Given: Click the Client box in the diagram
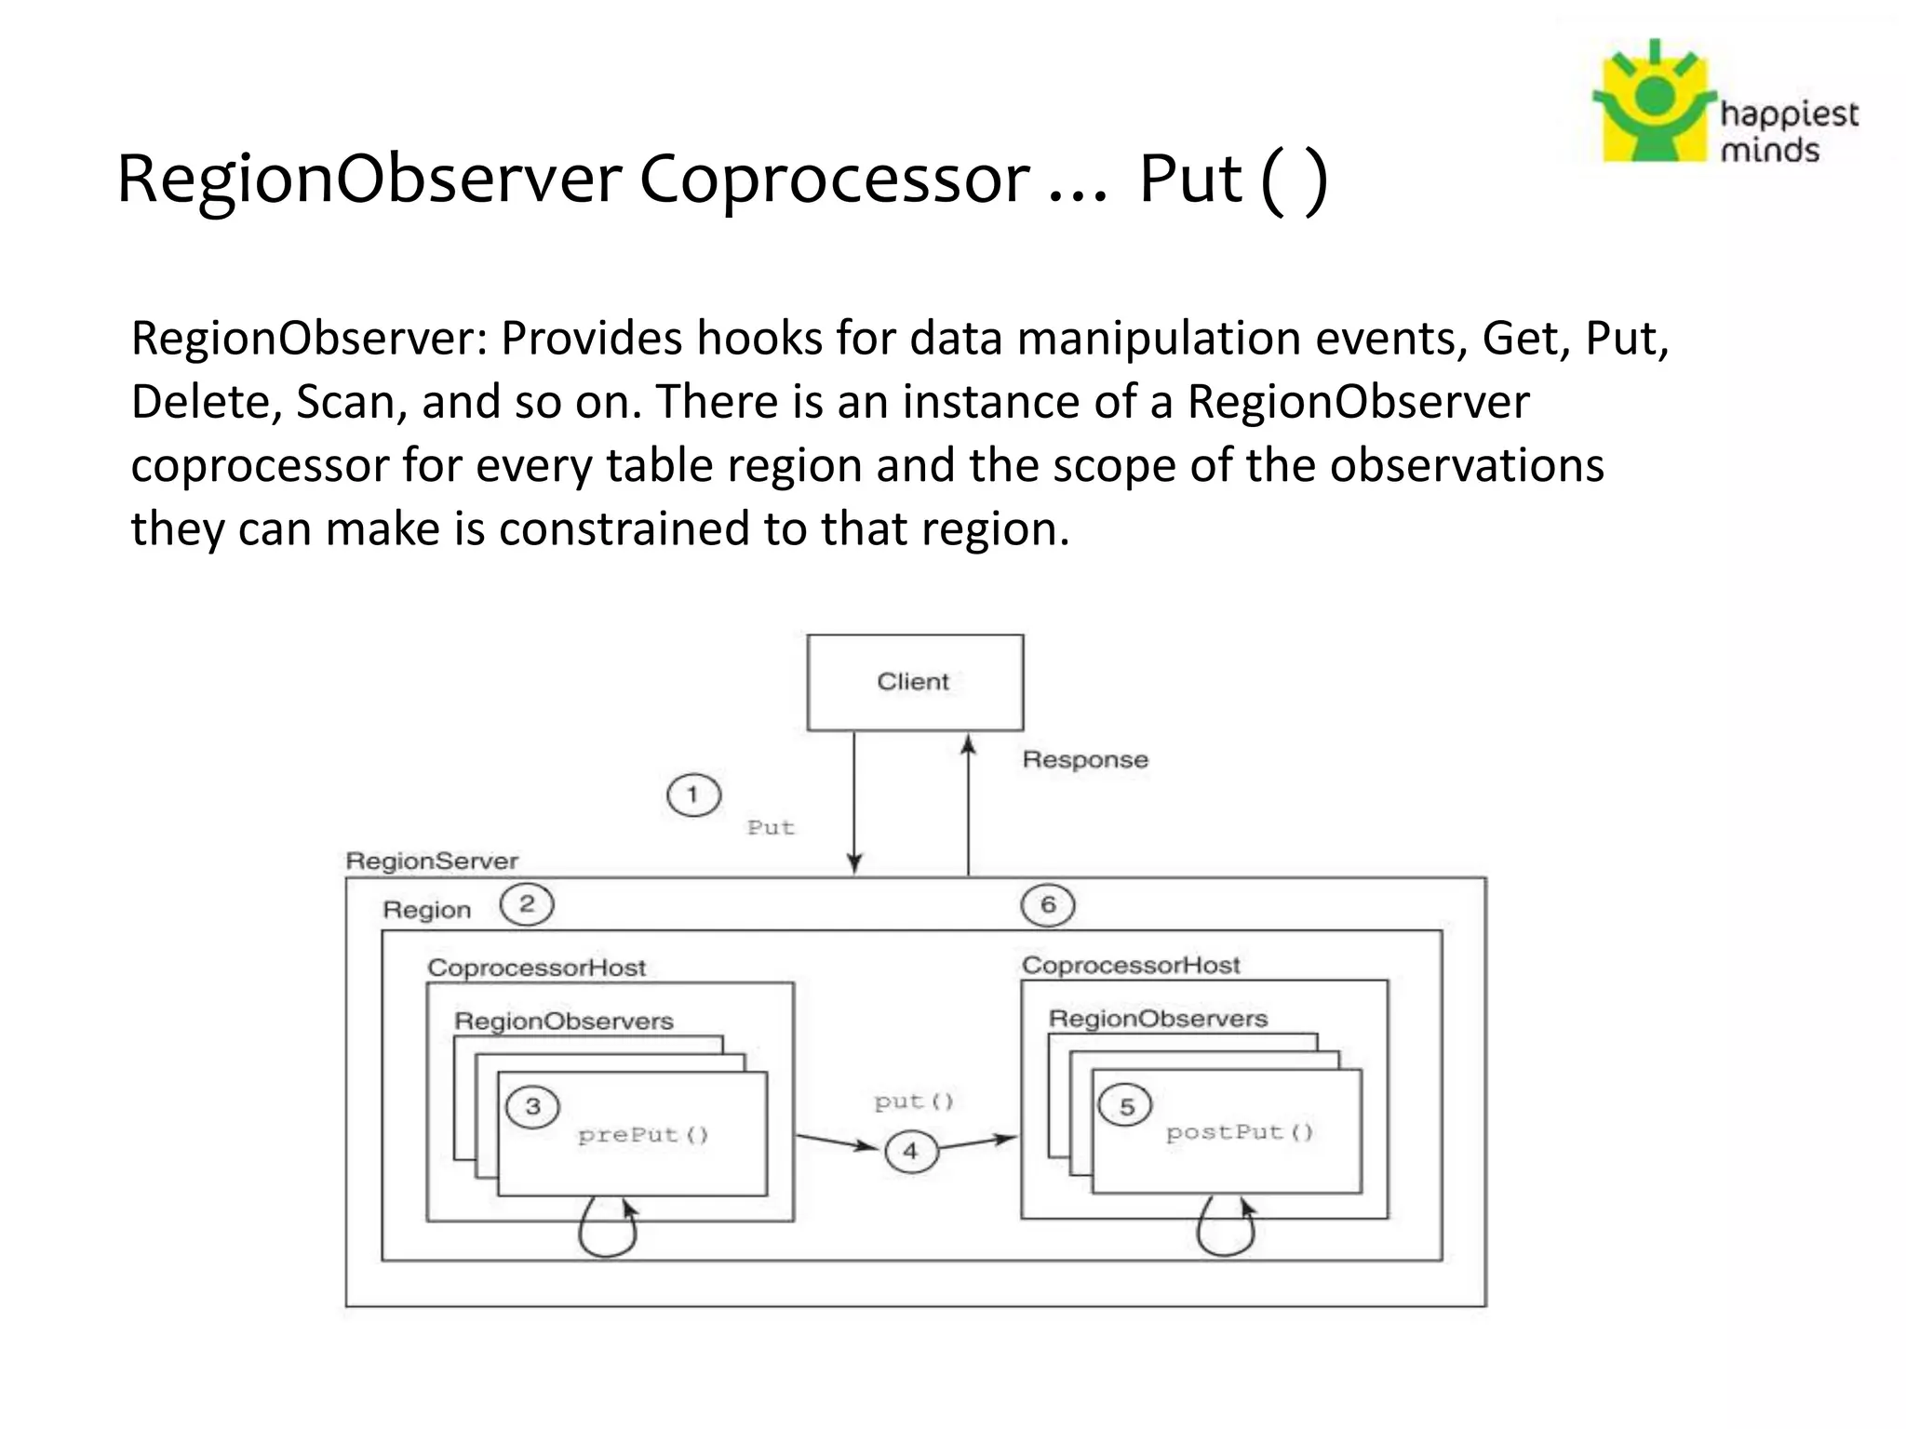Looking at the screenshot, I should point(915,682).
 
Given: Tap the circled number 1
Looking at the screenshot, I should point(693,795).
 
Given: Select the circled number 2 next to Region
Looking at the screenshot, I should point(527,904).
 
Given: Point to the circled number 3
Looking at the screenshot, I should point(532,1107).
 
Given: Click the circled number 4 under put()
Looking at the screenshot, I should point(910,1152).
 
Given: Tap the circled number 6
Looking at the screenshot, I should point(1048,905).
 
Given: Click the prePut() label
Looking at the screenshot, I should point(643,1135).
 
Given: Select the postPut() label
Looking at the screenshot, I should point(1239,1132).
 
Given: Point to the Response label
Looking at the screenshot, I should point(1085,760).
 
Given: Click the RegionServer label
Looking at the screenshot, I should point(432,861).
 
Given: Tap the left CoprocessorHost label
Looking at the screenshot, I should point(536,968).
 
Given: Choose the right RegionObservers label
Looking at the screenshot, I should point(1158,1019).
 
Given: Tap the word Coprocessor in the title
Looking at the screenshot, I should point(834,179).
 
